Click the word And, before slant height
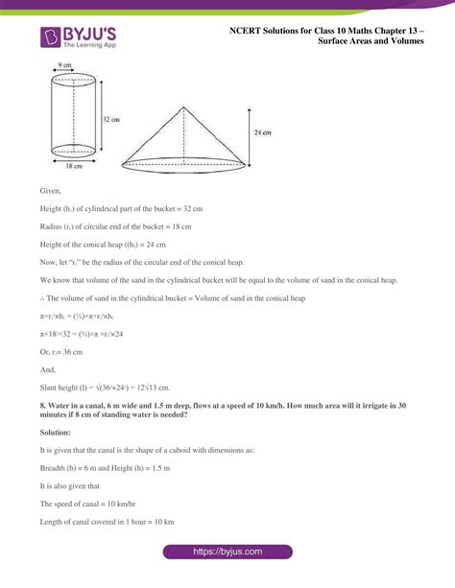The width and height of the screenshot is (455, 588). click(49, 368)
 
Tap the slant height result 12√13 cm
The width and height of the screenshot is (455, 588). click(153, 387)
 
